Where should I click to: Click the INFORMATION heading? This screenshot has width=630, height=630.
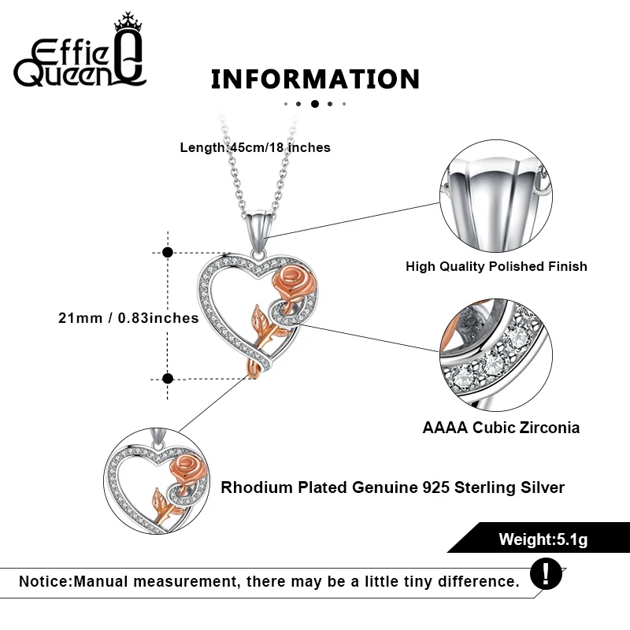(x=315, y=80)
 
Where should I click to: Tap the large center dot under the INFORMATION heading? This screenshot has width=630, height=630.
(x=315, y=103)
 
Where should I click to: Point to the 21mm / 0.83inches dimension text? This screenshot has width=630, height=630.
(x=128, y=318)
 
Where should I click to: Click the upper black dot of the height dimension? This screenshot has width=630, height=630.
(x=167, y=253)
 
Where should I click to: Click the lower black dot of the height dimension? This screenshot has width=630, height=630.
(x=167, y=378)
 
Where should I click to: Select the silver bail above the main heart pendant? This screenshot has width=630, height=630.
(x=261, y=224)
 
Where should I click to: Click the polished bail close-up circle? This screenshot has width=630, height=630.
(x=495, y=198)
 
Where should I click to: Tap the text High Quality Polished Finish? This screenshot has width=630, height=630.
(x=496, y=266)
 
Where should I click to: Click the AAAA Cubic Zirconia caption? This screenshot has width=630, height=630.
(x=501, y=428)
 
